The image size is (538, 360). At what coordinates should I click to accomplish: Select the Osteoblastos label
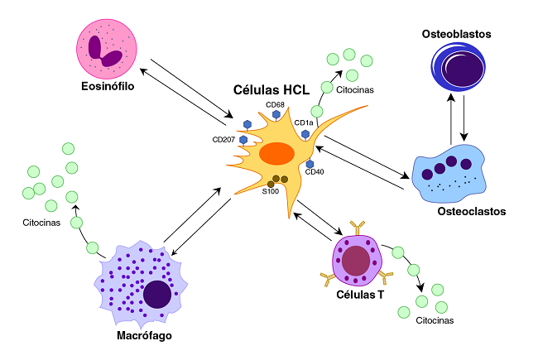click(457, 35)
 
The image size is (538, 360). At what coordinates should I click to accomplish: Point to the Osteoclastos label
click(471, 211)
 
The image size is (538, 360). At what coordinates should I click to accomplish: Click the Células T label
click(359, 294)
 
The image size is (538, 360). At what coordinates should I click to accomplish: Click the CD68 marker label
click(275, 105)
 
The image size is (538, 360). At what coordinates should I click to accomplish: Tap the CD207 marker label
click(224, 139)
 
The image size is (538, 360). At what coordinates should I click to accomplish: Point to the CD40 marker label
click(315, 172)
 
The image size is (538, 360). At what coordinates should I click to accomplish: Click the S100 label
click(270, 191)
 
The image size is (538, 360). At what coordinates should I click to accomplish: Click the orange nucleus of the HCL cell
click(276, 154)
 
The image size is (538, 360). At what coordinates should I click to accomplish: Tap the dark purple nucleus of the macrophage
click(157, 294)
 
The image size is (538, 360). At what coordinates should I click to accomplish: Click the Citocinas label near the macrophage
click(41, 223)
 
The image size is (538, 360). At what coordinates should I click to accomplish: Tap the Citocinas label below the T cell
click(435, 319)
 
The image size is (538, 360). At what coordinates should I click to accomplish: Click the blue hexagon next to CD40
click(310, 164)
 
